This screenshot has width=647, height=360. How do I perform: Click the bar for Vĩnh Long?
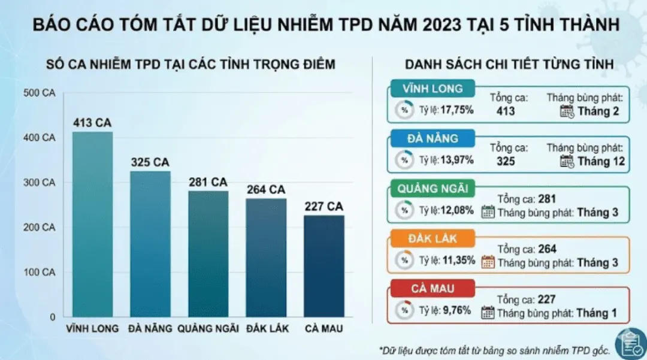click(x=92, y=225)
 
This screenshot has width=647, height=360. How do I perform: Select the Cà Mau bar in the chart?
click(x=324, y=266)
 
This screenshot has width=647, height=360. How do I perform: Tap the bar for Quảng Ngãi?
click(x=208, y=254)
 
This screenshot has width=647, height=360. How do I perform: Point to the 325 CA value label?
click(x=150, y=162)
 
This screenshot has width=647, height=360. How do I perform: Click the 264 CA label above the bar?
click(x=266, y=190)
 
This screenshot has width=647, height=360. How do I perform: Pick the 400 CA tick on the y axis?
click(x=39, y=138)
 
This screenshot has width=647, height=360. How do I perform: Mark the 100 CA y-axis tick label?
click(x=39, y=272)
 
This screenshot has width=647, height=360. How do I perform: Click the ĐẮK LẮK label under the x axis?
click(x=268, y=329)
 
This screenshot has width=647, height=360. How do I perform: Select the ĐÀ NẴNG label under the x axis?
click(x=150, y=329)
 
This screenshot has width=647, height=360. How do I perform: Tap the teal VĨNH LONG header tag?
click(x=433, y=89)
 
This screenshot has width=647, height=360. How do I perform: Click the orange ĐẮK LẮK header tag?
click(x=433, y=239)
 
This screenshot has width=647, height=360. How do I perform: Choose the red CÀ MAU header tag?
click(x=433, y=289)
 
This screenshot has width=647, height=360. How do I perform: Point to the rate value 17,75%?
click(x=456, y=110)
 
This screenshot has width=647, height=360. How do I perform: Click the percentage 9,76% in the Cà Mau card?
click(x=456, y=310)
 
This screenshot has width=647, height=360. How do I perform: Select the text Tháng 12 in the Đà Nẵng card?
click(x=601, y=161)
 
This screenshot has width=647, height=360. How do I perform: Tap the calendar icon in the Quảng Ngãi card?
click(x=488, y=212)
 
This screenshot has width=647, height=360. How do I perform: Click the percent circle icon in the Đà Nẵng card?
click(x=404, y=160)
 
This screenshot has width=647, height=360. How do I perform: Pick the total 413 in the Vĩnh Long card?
click(x=506, y=111)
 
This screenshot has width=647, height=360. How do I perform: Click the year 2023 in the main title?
click(x=442, y=25)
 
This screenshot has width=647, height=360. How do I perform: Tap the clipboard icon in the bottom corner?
click(x=631, y=343)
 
